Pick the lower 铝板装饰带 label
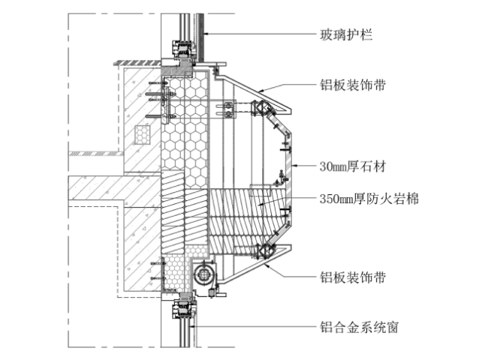tap(352, 277)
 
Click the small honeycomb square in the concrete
tap(143, 133)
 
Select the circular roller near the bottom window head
tap(203, 273)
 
